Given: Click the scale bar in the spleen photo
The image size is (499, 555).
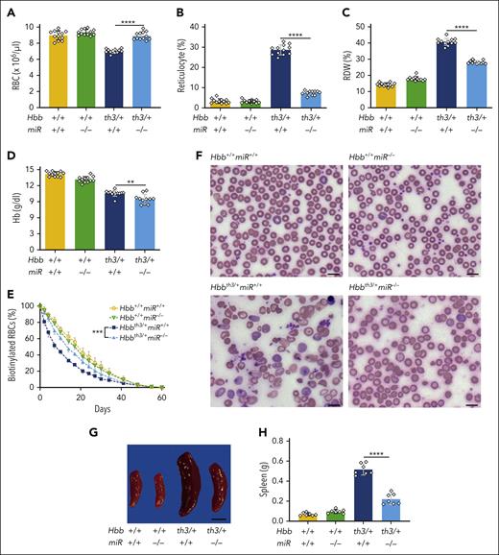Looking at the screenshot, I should (x=219, y=519).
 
